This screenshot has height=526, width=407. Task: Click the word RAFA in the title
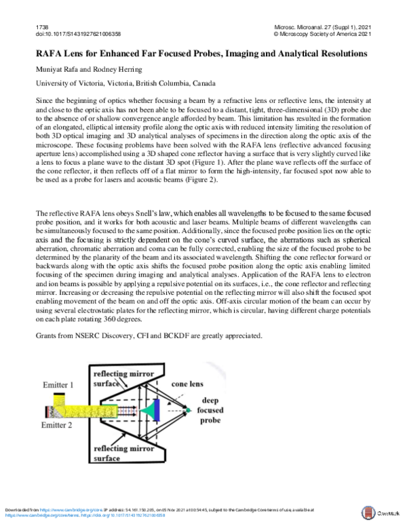(x=52, y=52)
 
